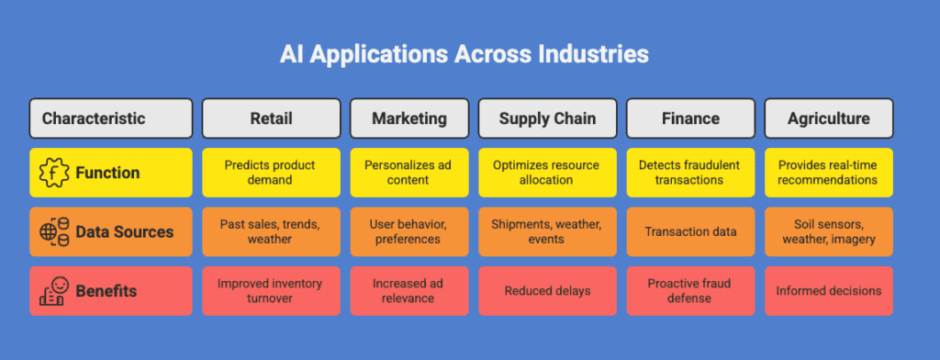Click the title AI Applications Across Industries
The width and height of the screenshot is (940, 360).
click(464, 54)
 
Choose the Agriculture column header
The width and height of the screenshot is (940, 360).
click(828, 118)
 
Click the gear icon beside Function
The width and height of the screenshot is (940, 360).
click(54, 173)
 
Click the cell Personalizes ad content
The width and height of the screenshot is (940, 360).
click(408, 173)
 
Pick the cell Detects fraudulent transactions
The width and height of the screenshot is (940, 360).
click(689, 173)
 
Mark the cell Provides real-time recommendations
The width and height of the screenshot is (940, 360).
click(828, 173)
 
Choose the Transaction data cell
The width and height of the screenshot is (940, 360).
click(689, 231)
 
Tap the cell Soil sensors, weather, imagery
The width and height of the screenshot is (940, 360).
click(828, 231)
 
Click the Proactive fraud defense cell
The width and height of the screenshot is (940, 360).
click(689, 291)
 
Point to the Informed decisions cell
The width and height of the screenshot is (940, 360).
click(828, 291)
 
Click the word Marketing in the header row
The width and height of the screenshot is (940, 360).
click(408, 118)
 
